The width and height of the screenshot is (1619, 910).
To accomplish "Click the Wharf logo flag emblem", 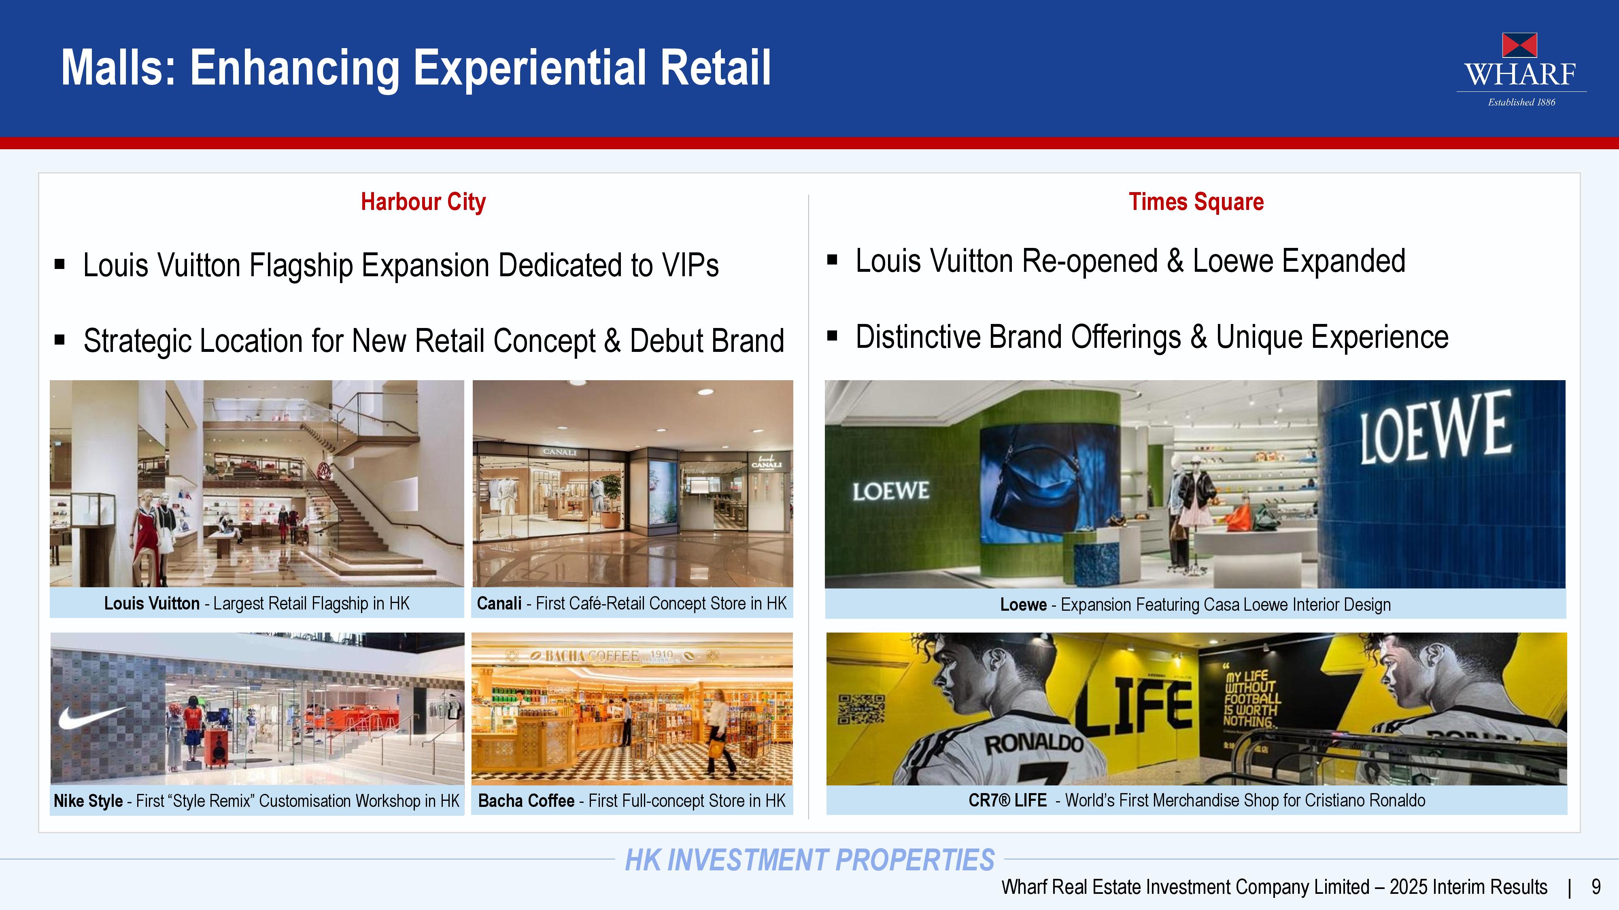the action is tap(1520, 45).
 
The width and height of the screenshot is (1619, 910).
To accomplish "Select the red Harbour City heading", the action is tap(423, 202).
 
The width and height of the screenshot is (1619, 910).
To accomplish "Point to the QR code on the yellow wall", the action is tap(862, 709).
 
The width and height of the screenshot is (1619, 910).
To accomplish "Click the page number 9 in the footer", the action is tap(1596, 887).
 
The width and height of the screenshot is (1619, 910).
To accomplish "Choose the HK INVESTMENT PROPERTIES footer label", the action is tap(809, 860).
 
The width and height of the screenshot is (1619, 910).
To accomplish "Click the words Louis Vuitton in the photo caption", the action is tap(151, 603).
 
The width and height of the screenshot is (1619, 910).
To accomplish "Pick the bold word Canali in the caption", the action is tap(499, 603).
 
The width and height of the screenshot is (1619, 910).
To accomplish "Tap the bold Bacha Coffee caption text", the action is tap(526, 801).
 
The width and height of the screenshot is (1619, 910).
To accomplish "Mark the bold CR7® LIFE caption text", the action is tap(1007, 800).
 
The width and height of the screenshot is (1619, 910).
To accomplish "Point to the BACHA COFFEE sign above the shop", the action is tap(591, 656).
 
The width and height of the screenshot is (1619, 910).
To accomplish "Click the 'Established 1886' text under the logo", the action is tap(1521, 102).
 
